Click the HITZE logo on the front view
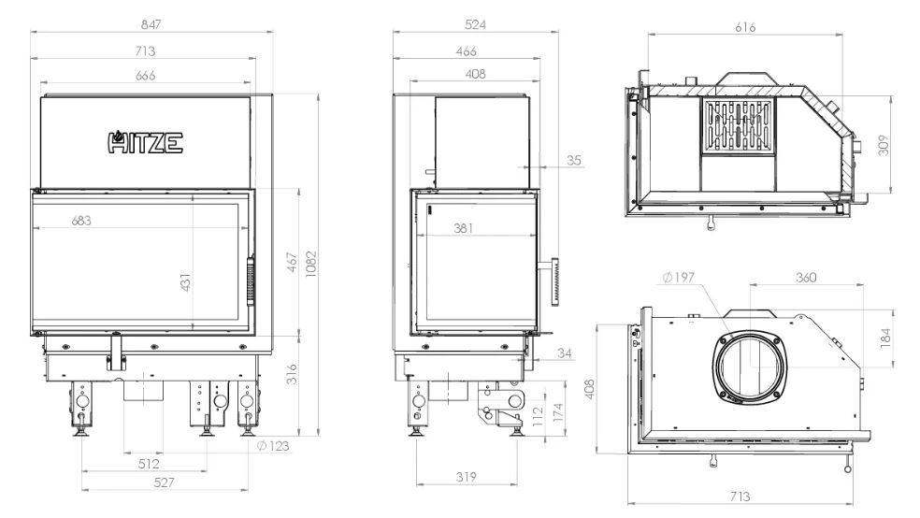(146, 142)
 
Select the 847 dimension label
(151, 24)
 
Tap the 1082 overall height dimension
(311, 264)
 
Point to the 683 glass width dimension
(81, 221)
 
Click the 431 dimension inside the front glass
(185, 282)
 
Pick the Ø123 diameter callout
(273, 446)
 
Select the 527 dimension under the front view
(164, 482)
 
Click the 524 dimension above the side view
(475, 24)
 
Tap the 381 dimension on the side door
(464, 228)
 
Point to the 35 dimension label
(574, 160)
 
